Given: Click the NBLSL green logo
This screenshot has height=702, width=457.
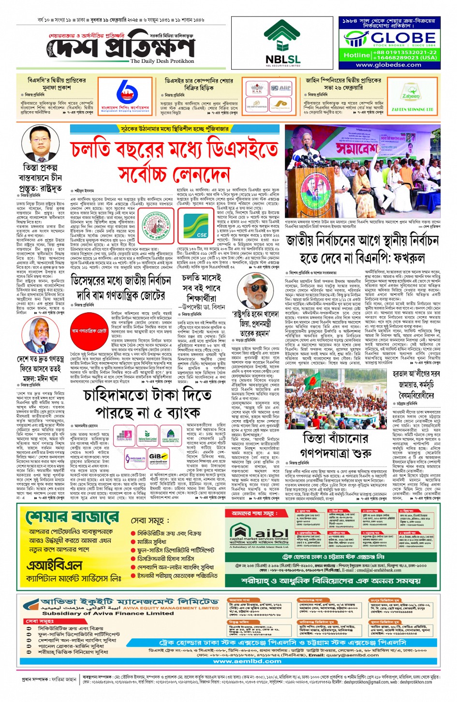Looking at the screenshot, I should tap(282, 41).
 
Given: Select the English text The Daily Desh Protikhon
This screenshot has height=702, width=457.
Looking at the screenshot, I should tap(162, 61).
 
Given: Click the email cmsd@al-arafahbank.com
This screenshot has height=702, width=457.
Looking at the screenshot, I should tap(375, 570).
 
